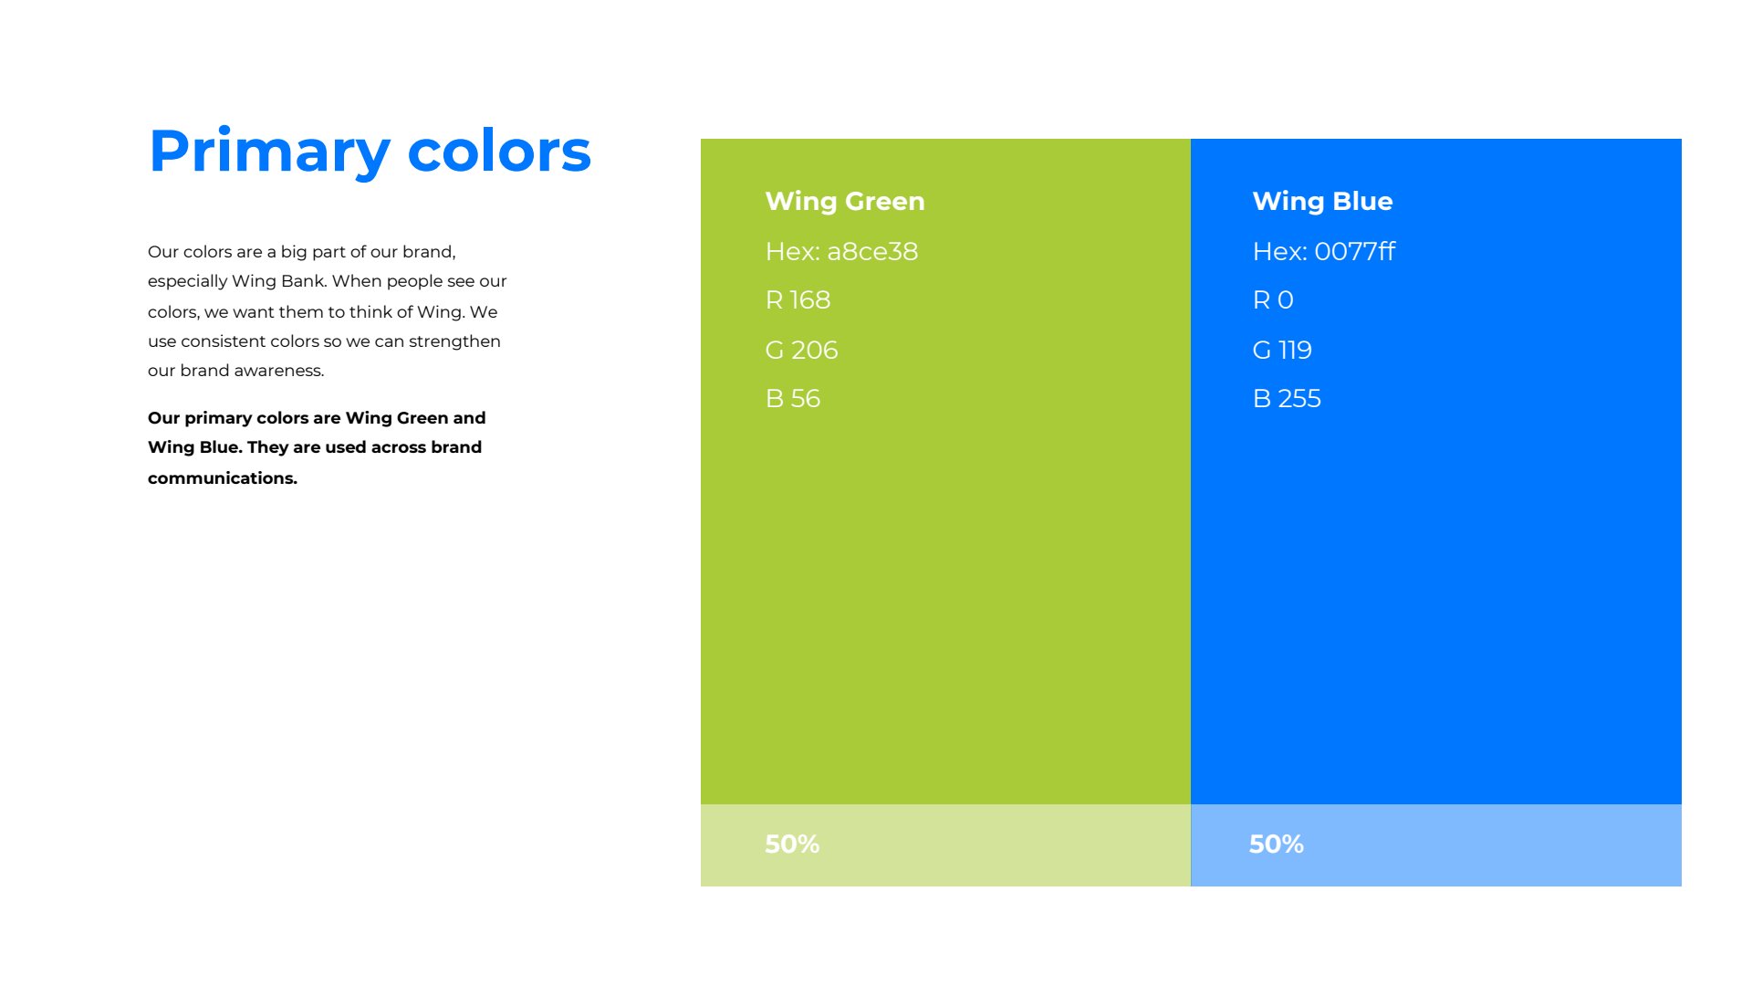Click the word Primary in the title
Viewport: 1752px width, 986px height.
tap(270, 152)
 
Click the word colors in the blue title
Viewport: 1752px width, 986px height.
tap(499, 152)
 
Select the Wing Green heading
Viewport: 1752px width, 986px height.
tap(845, 201)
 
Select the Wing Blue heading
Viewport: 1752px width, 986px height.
tap(1322, 201)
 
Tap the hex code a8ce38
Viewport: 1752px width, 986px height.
tap(872, 251)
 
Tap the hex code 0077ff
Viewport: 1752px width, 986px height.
tap(1355, 251)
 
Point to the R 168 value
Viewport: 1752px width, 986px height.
tap(798, 299)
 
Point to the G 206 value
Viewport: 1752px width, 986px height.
tap(801, 350)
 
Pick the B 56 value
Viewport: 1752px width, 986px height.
tap(793, 398)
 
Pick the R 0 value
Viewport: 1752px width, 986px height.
tap(1273, 299)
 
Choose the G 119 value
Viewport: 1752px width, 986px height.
tap(1282, 350)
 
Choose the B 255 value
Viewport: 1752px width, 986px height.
tap(1287, 398)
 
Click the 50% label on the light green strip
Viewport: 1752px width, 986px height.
tap(792, 844)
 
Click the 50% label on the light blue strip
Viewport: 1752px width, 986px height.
tap(1277, 844)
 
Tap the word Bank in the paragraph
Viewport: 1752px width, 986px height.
tap(303, 281)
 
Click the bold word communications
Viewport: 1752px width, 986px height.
tap(223, 478)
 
